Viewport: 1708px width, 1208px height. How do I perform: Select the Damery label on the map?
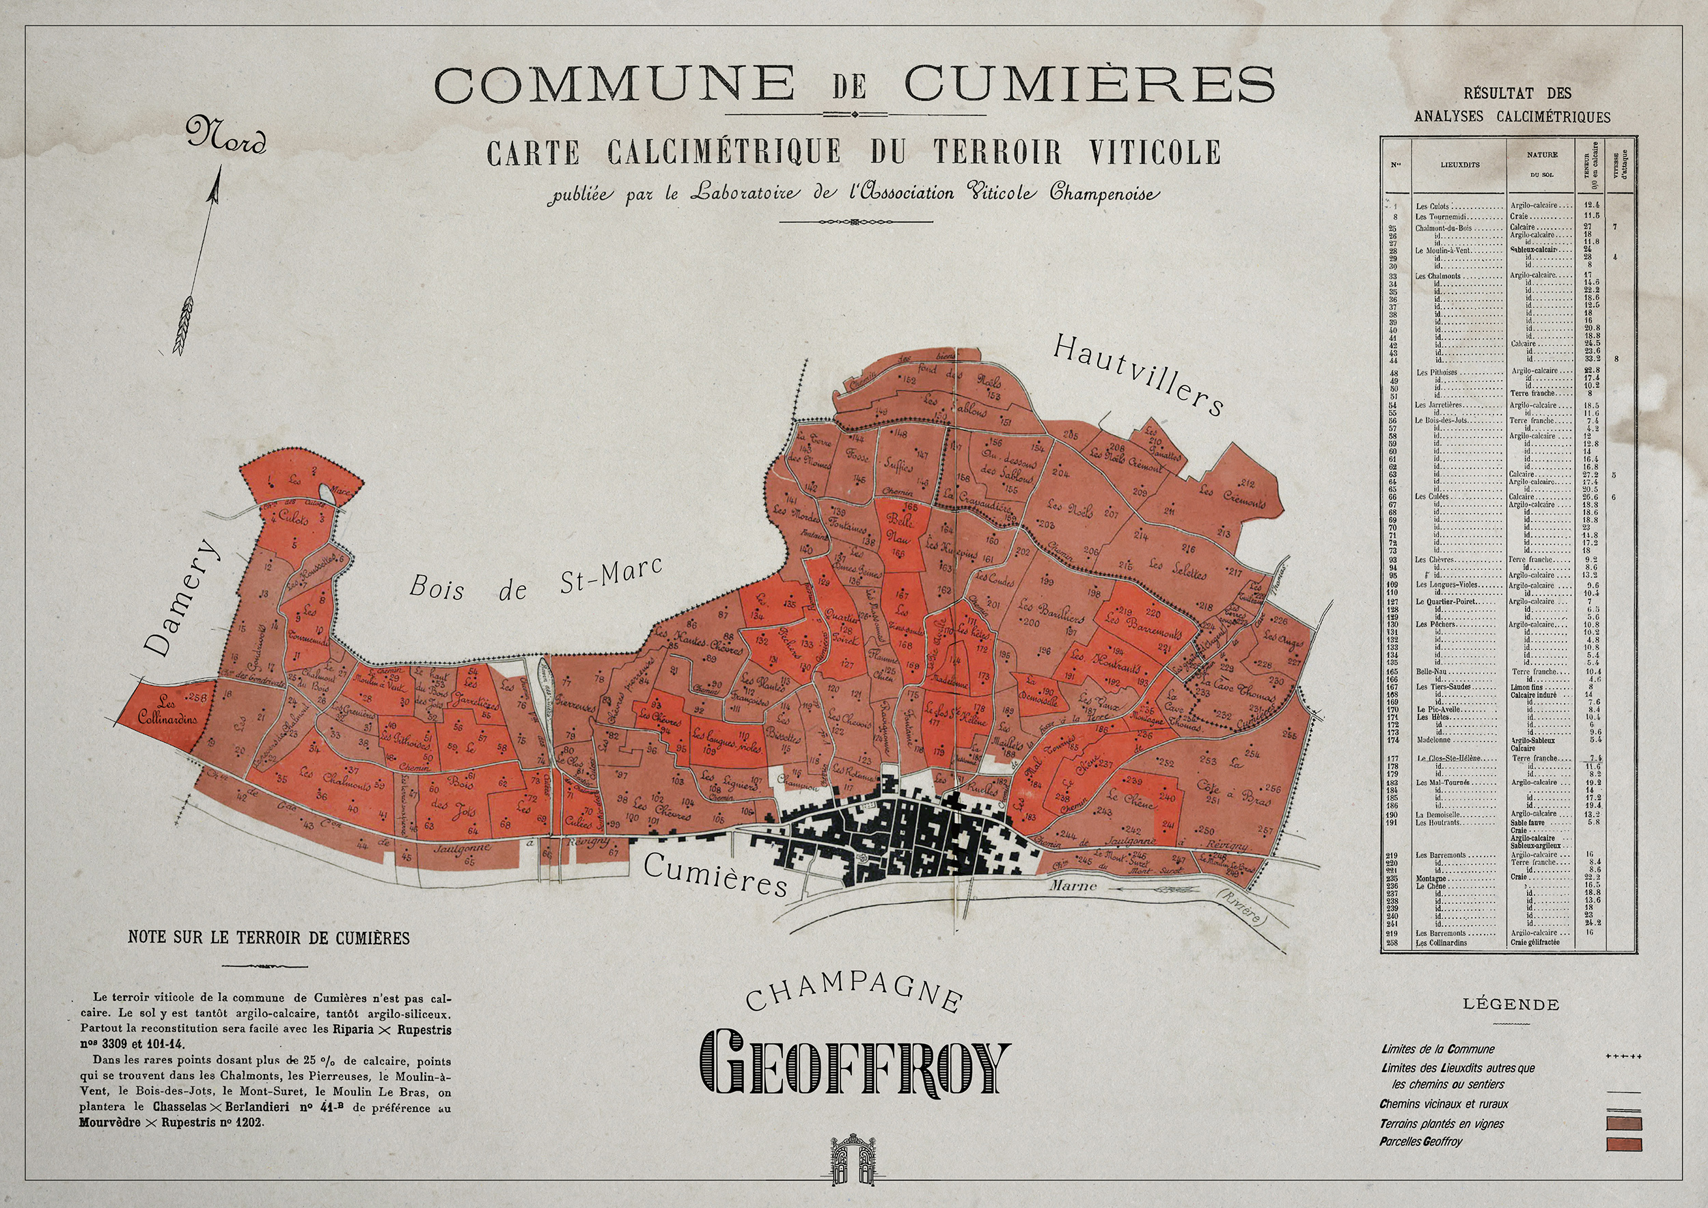click(x=182, y=597)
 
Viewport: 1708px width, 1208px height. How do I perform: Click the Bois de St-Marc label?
click(x=535, y=580)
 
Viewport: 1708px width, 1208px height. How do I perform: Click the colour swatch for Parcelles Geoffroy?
click(x=1624, y=1144)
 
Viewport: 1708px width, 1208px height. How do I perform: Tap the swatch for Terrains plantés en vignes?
click(x=1624, y=1123)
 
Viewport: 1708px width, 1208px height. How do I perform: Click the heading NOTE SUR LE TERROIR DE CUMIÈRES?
click(x=268, y=938)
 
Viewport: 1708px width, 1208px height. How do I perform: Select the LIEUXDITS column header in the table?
click(x=1459, y=165)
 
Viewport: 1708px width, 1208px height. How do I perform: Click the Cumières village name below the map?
click(x=715, y=875)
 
